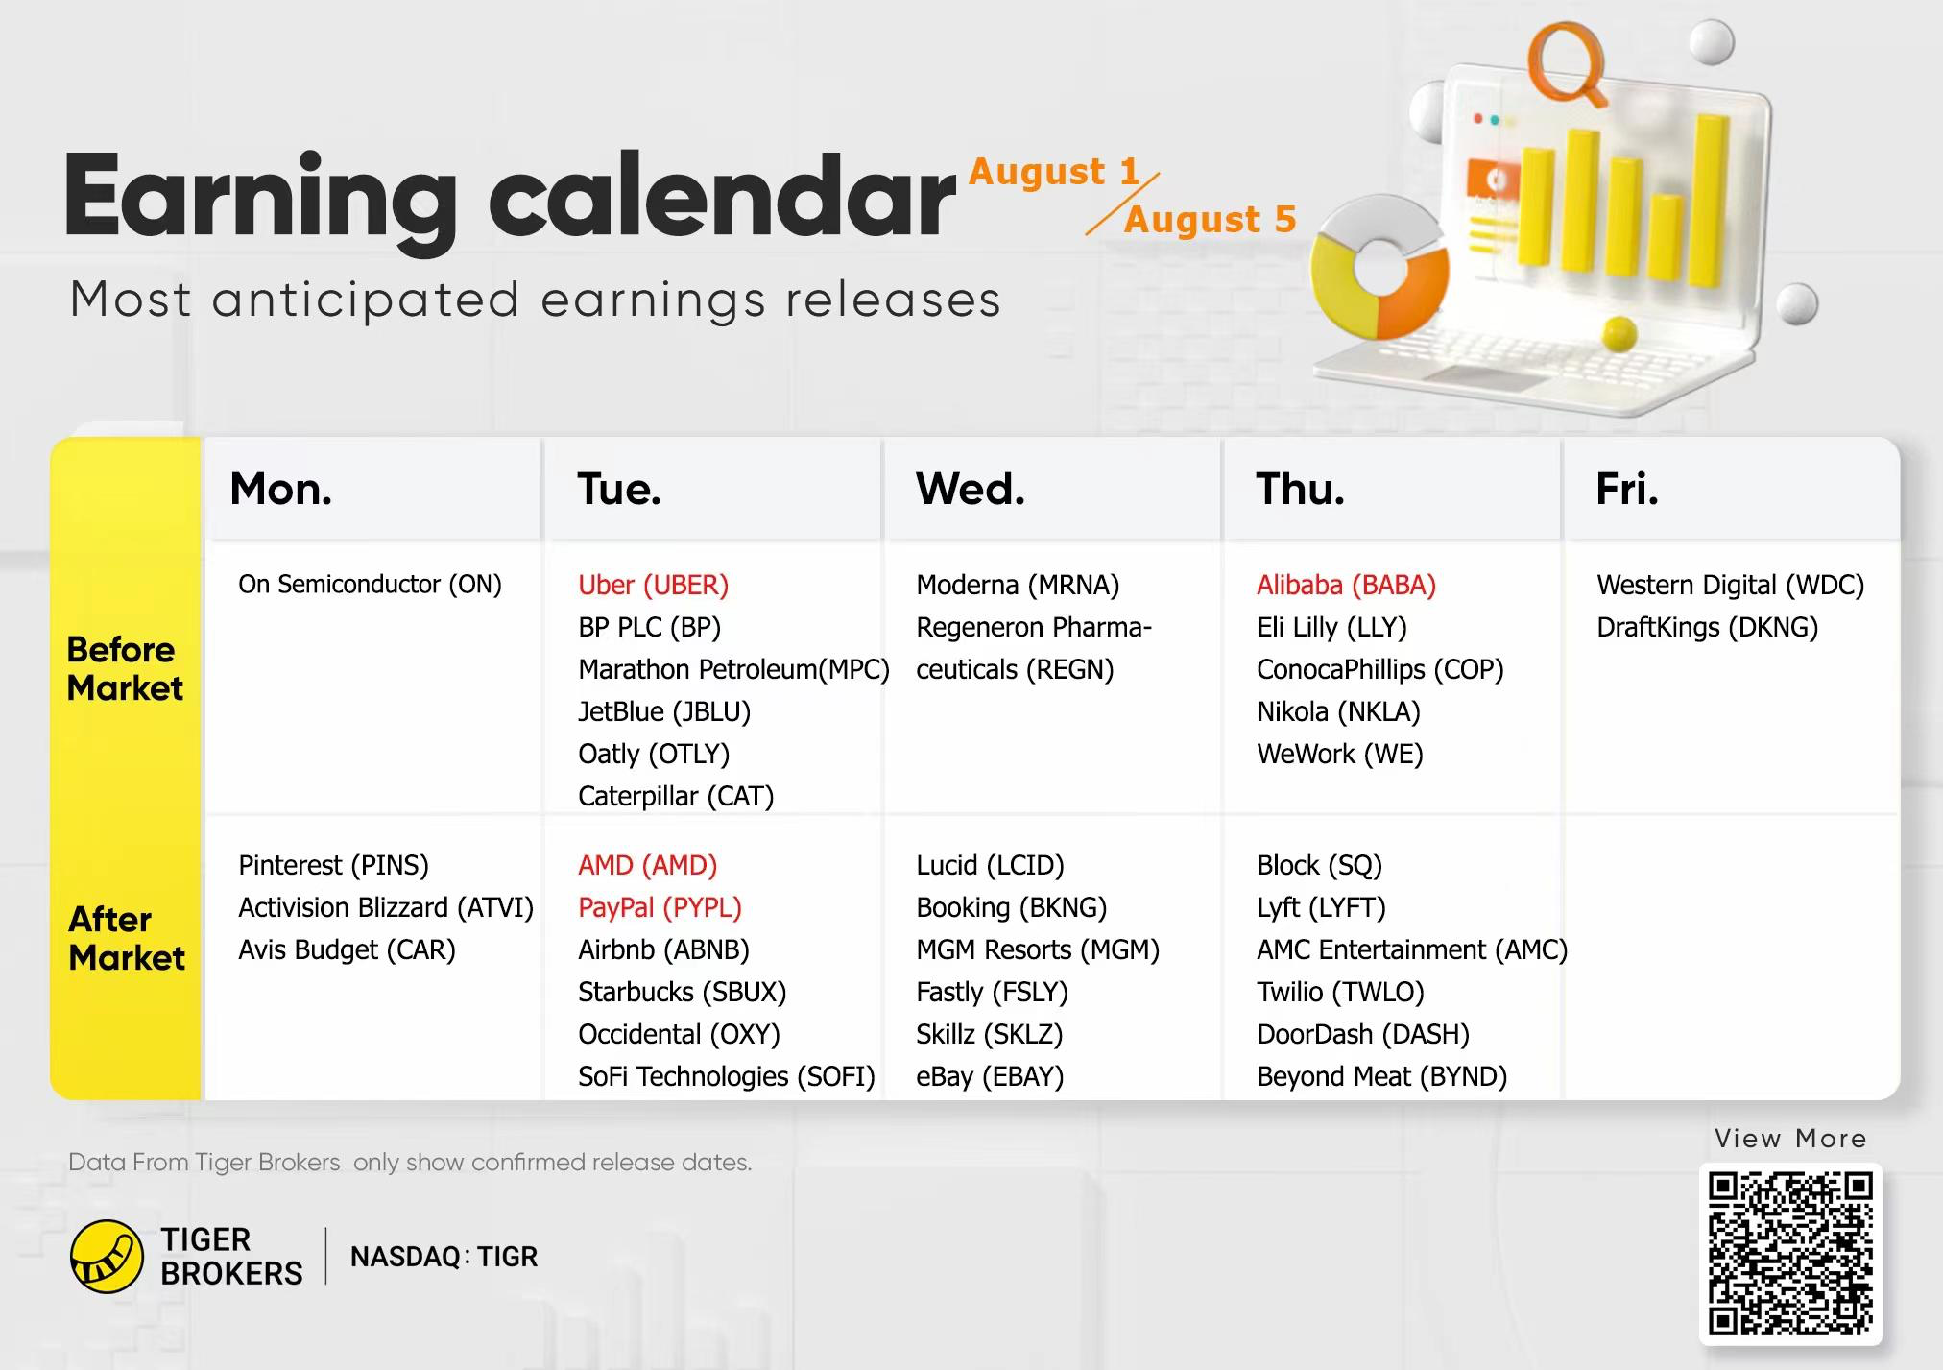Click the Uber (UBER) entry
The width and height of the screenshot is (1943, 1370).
[x=653, y=585]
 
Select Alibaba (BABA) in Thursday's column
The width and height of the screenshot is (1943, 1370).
[x=1346, y=585]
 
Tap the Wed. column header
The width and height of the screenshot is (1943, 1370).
[x=970, y=490]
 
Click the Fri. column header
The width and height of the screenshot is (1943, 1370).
[x=1626, y=490]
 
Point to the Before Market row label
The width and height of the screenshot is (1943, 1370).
[x=124, y=669]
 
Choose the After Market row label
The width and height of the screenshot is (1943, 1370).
[x=126, y=939]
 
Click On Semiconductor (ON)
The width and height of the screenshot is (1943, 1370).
[x=370, y=585]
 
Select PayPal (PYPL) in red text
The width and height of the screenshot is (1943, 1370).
[x=660, y=907]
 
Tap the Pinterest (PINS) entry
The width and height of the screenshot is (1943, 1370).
[x=333, y=865]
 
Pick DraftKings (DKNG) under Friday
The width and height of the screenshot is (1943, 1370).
[x=1707, y=627]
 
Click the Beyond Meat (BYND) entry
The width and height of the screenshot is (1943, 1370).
[x=1381, y=1076]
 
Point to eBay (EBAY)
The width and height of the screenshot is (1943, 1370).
[x=990, y=1076]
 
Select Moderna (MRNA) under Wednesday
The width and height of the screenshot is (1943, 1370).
[x=1018, y=585]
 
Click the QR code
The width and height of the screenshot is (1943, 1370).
[x=1790, y=1253]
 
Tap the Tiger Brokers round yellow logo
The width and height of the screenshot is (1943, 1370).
[x=108, y=1257]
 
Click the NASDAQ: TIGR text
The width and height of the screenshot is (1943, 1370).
[x=444, y=1257]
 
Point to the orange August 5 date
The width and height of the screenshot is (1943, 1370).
[x=1210, y=220]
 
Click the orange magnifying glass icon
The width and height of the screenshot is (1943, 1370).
[x=1567, y=60]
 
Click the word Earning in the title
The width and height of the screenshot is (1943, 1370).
[x=260, y=200]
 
